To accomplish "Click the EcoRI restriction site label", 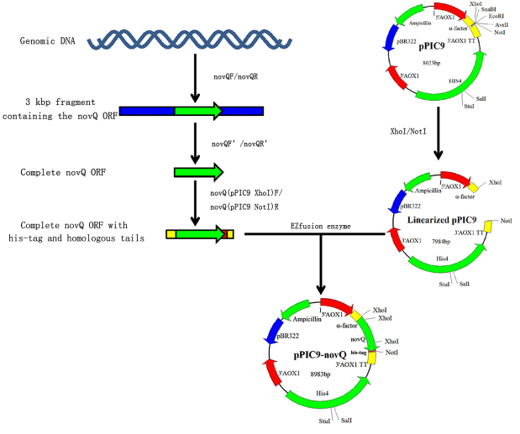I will click(505, 16).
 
